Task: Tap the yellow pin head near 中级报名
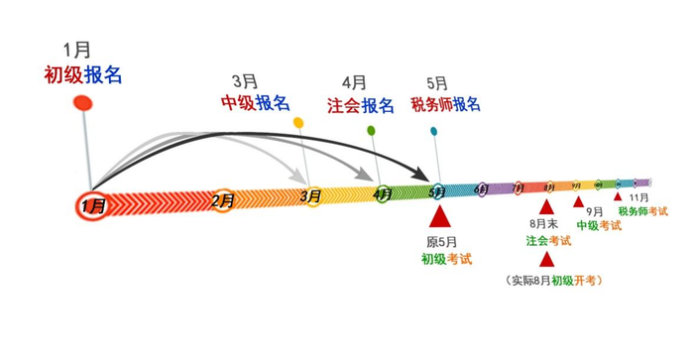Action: [x=298, y=122]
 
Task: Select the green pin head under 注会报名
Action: [x=371, y=130]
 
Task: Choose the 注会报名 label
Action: [x=361, y=105]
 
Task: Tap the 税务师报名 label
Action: [x=446, y=104]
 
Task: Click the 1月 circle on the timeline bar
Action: [x=92, y=205]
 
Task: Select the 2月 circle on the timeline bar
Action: [x=223, y=200]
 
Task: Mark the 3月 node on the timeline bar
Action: [x=310, y=196]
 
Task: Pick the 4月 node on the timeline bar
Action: [x=383, y=193]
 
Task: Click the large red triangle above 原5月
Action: [x=439, y=215]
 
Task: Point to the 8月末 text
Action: [x=545, y=226]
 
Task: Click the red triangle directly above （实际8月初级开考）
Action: [x=546, y=260]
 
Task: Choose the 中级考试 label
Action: [x=599, y=225]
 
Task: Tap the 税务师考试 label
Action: [x=642, y=211]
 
